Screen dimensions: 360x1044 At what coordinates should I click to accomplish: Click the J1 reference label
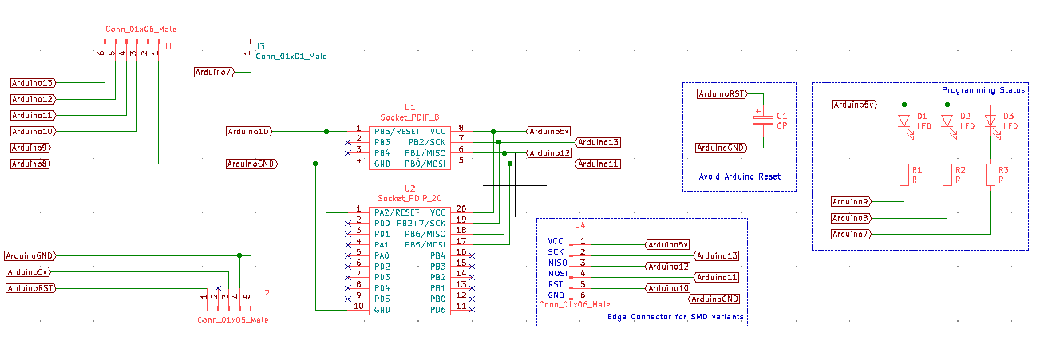(x=168, y=47)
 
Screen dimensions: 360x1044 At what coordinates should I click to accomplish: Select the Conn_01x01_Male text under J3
(x=291, y=57)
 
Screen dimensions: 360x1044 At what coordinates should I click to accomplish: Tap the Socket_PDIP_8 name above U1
(x=409, y=117)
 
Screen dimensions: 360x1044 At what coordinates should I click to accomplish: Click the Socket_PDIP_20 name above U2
(x=409, y=198)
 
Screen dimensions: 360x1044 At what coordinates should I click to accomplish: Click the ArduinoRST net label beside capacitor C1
(x=722, y=93)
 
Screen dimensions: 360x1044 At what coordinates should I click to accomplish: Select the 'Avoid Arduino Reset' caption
(x=739, y=176)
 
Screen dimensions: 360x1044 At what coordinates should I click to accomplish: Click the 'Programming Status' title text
(x=983, y=90)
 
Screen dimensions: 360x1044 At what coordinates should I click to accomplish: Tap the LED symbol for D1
(x=904, y=122)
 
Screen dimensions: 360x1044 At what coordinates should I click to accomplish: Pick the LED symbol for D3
(x=991, y=122)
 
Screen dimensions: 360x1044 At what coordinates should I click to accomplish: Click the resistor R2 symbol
(x=947, y=175)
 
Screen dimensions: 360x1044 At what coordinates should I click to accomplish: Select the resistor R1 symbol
(x=904, y=175)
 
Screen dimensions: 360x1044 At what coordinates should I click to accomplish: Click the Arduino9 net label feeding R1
(x=852, y=201)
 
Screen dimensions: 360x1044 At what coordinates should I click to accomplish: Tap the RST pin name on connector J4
(x=555, y=284)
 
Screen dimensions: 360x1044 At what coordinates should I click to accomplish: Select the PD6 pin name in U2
(x=437, y=310)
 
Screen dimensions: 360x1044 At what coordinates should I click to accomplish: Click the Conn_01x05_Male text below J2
(x=233, y=320)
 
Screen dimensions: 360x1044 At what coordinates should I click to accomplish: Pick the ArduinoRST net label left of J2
(x=31, y=288)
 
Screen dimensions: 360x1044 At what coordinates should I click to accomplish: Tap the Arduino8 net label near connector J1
(x=31, y=164)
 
